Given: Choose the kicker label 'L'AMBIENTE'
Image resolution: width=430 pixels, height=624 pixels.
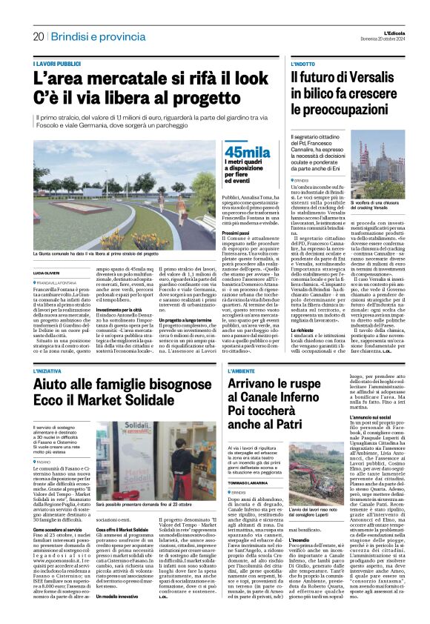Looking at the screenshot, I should click(x=245, y=369).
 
